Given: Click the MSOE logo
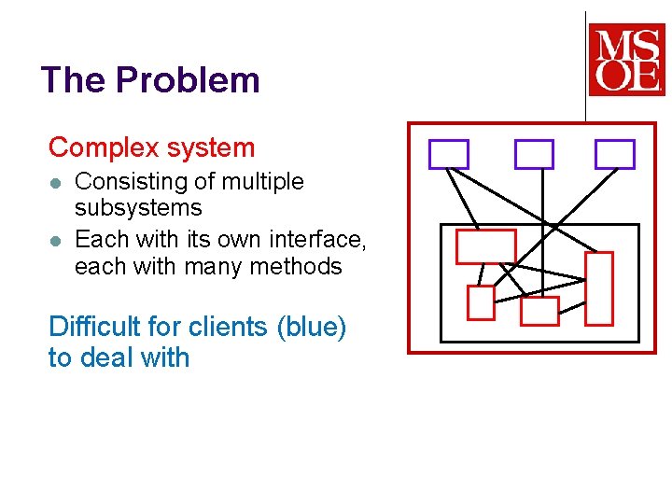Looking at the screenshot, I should [626, 60].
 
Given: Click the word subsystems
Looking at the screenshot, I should [138, 207].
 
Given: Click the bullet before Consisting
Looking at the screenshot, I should [56, 182].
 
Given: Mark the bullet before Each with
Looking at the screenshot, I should [56, 240].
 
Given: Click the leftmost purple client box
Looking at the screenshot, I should [448, 154].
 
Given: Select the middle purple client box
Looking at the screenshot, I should [534, 154].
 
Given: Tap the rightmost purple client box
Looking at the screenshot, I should [615, 154].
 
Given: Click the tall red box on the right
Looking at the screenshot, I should [599, 287].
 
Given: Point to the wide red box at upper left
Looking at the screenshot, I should [485, 246].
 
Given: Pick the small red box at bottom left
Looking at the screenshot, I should [481, 303].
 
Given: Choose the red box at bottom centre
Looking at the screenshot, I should [539, 311].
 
